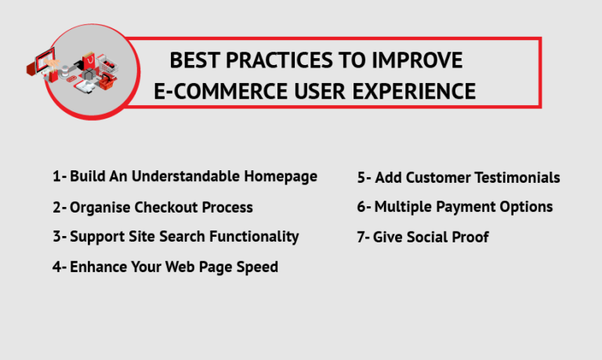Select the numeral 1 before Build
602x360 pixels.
point(56,176)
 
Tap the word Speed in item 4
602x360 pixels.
point(258,267)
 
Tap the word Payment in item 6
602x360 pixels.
point(465,207)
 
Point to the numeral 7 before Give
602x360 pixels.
point(361,237)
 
